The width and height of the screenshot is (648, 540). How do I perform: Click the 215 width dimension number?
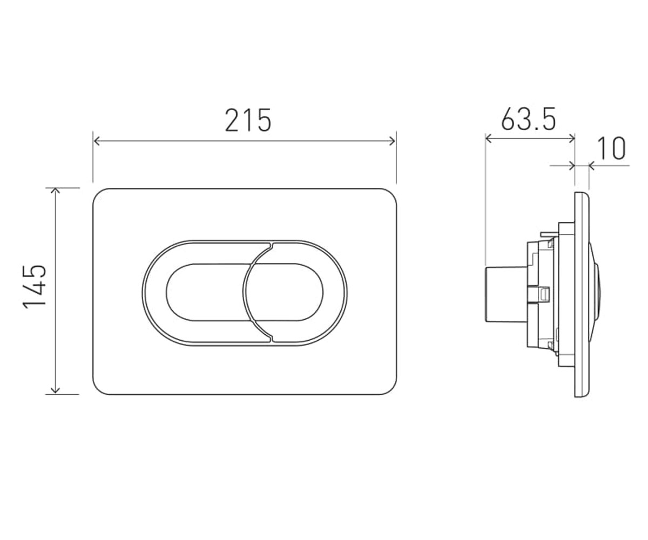[x=248, y=120]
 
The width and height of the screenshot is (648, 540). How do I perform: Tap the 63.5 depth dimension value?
[x=528, y=119]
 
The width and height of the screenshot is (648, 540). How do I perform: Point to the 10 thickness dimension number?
[x=611, y=148]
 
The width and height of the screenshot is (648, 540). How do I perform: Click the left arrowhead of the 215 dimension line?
[x=96, y=141]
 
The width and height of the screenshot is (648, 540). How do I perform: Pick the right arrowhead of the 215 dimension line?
[x=393, y=141]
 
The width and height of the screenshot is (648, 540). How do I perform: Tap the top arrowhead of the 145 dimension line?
[x=55, y=191]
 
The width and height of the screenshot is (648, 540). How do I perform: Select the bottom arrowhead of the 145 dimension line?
[x=55, y=391]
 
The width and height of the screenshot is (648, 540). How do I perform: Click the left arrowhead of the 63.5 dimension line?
[x=489, y=139]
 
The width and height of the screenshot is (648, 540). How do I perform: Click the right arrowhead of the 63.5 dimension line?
[x=571, y=139]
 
